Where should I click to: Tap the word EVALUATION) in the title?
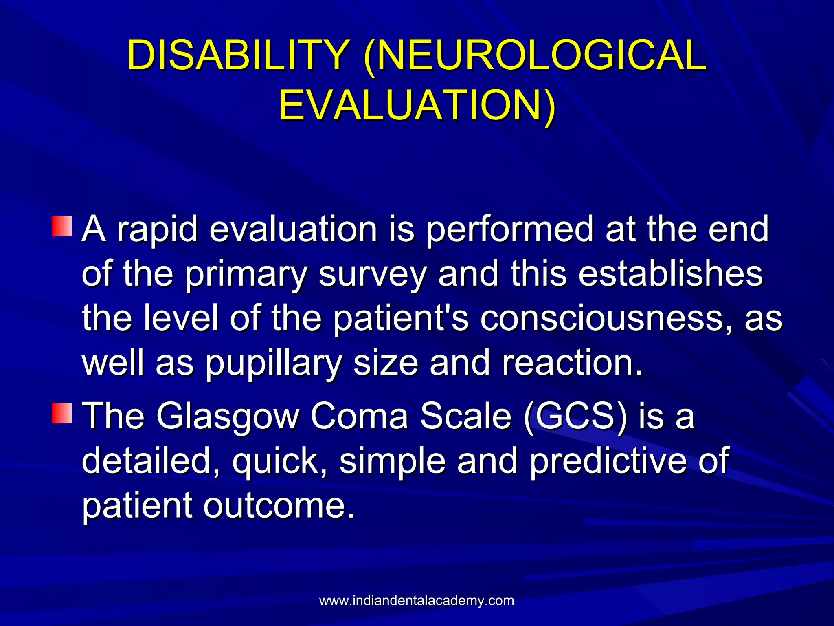tap(417, 105)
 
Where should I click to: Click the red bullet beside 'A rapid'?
tap(62, 227)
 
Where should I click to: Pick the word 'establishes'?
tap(670, 274)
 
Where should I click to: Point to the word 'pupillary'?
tap(273, 364)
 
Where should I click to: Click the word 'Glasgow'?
tap(228, 417)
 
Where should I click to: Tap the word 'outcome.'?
tap(279, 506)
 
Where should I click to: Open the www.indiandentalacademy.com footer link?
tap(417, 601)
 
